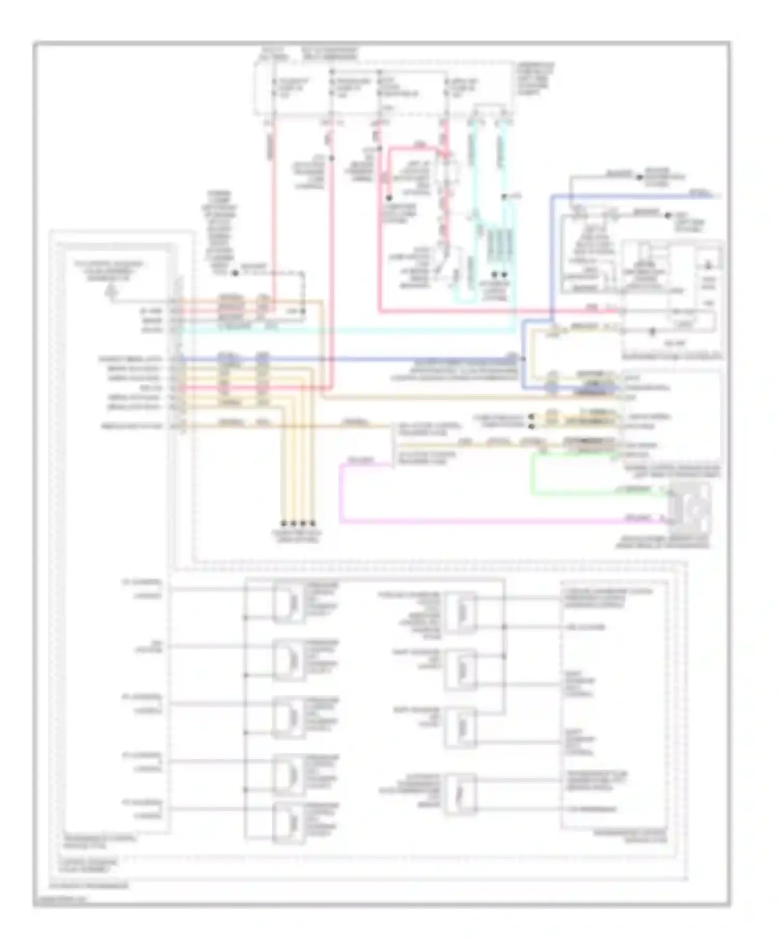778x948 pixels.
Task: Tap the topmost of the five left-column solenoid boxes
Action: pyautogui.click(x=288, y=603)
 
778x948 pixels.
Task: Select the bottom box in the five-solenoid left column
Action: pyautogui.click(x=288, y=821)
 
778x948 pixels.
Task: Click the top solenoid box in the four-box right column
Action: pyautogui.click(x=461, y=612)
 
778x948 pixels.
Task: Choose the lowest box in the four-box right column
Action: pyautogui.click(x=461, y=793)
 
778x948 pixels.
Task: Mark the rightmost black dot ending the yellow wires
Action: pyautogui.click(x=312, y=523)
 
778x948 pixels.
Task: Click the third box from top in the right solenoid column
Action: pyautogui.click(x=461, y=727)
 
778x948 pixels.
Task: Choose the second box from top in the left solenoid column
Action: pyautogui.click(x=288, y=660)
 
